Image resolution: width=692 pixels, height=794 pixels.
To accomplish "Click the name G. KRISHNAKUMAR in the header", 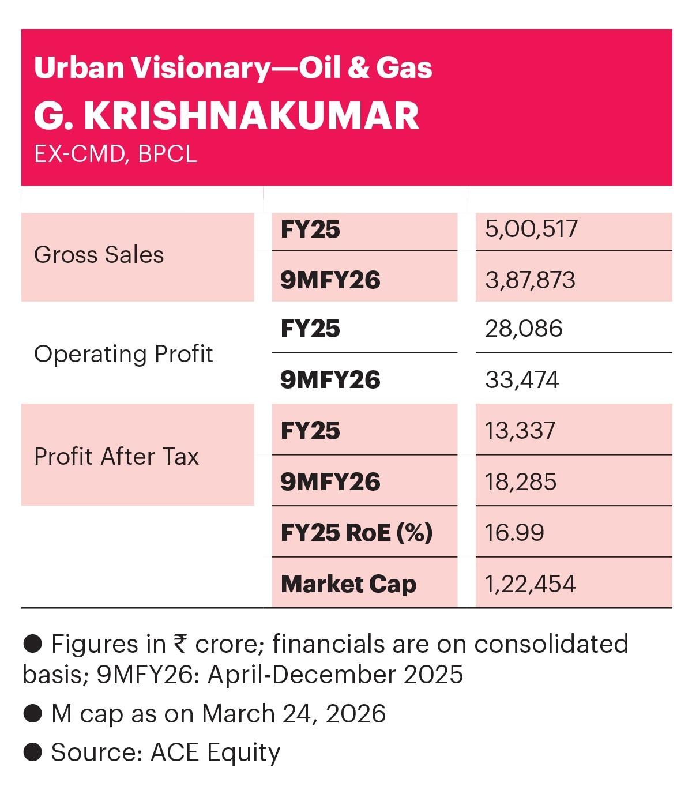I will coord(227,116).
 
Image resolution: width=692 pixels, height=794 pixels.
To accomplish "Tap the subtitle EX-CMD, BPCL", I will coord(115,154).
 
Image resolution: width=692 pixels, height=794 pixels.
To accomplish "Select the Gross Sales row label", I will coord(99,255).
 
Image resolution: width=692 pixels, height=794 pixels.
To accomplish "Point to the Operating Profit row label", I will coord(123,354).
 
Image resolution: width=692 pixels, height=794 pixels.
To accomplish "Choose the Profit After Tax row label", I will coord(116,457).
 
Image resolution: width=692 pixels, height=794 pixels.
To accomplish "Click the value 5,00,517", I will coord(531,229).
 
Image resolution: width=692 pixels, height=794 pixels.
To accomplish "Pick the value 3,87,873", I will coord(530,280).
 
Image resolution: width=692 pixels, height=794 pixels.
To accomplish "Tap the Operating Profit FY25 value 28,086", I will coord(524,329).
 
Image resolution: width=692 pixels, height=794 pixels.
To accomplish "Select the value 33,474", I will coord(522,380).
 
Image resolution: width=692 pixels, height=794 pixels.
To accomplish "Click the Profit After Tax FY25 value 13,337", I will coord(520,431).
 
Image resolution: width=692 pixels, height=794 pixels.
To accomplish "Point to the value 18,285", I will coord(520,482).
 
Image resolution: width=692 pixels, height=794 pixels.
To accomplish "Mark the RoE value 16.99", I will coord(514,533).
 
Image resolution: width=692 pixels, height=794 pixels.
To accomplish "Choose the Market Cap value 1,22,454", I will coord(530,584).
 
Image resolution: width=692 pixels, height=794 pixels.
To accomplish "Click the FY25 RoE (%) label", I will coord(356,533).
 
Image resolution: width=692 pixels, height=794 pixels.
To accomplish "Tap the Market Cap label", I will coord(348,584).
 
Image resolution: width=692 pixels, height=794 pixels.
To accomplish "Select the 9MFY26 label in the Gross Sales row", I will coord(330,280).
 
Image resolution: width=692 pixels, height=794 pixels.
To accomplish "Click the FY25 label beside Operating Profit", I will coord(310,329).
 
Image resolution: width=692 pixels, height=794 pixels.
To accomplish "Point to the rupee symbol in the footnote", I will coord(180,644).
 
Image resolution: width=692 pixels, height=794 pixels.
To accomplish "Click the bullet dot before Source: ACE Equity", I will coord(32,752).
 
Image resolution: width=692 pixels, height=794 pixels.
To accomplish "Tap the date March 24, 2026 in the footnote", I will coord(294,714).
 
